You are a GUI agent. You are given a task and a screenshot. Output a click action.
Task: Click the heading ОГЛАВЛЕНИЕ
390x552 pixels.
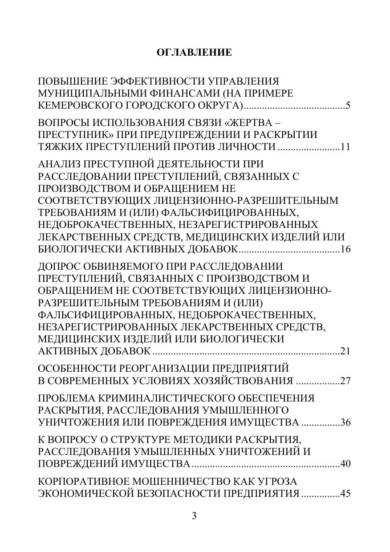point(195,53)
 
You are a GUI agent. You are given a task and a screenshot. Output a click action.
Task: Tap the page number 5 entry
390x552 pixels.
point(348,106)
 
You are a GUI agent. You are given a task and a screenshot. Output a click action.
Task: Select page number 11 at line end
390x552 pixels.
point(345,147)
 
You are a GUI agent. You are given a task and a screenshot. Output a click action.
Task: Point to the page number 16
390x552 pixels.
point(345,249)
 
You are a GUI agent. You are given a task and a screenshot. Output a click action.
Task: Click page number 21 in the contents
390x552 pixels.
point(345,351)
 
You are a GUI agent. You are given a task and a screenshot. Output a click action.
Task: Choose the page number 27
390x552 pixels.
point(345,381)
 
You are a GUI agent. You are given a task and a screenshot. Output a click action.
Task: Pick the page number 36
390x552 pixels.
point(345,422)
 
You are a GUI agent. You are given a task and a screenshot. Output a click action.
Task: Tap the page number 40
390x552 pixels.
point(345,464)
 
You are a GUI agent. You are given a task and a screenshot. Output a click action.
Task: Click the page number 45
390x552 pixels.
point(345,494)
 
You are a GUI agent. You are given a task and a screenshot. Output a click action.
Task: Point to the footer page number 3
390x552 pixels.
point(194,516)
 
